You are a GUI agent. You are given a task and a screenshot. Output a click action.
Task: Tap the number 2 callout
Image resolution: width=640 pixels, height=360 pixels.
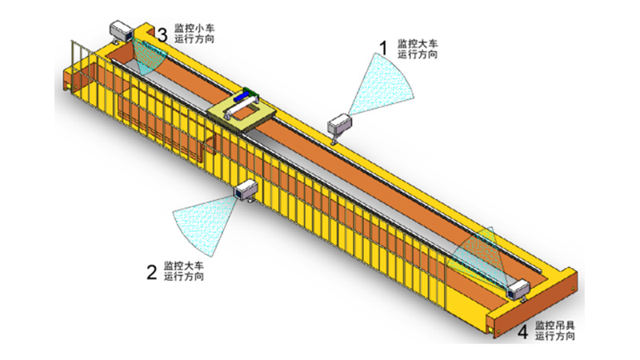pyautogui.click(x=150, y=272)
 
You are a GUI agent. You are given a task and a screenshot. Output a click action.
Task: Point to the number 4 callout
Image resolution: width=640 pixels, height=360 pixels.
pyautogui.click(x=522, y=330)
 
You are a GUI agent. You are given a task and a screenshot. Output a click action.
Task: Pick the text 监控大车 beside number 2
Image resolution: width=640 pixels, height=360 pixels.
pyautogui.click(x=184, y=266)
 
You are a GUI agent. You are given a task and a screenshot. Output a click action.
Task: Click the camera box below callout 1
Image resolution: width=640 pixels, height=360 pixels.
pyautogui.click(x=341, y=124)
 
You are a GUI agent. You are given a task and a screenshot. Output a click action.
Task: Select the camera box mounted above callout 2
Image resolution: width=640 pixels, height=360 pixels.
pyautogui.click(x=245, y=190)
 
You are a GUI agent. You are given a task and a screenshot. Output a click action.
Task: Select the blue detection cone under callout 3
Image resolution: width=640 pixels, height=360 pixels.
pyautogui.click(x=149, y=56)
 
